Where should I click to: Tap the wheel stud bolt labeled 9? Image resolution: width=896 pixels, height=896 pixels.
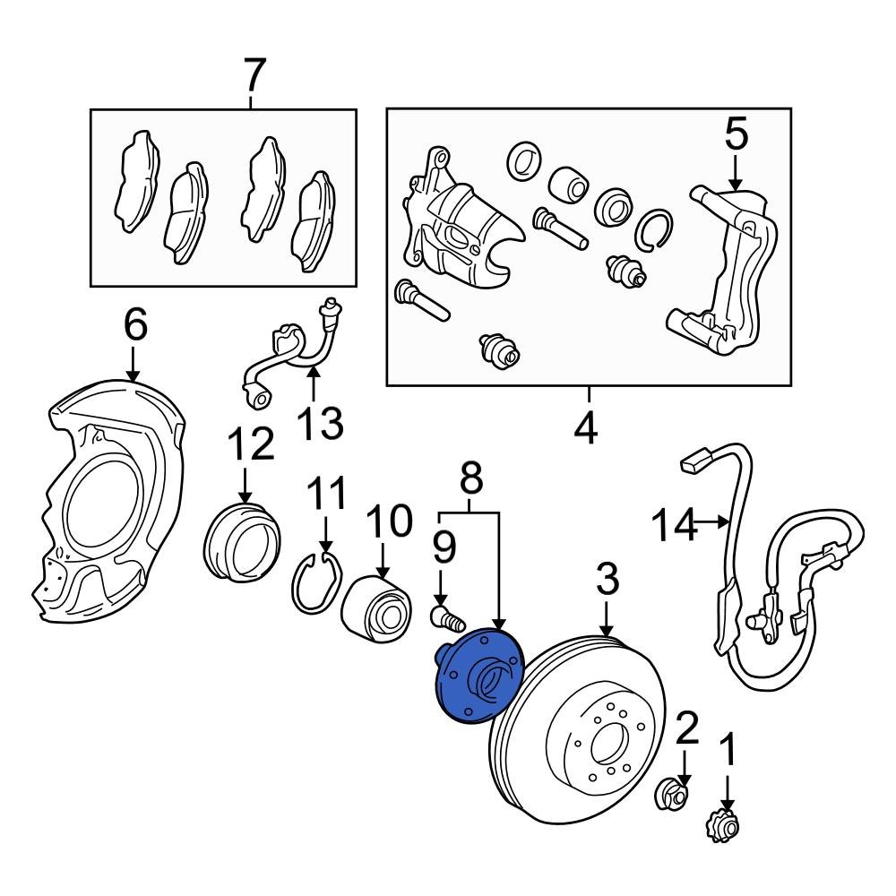click(x=445, y=616)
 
